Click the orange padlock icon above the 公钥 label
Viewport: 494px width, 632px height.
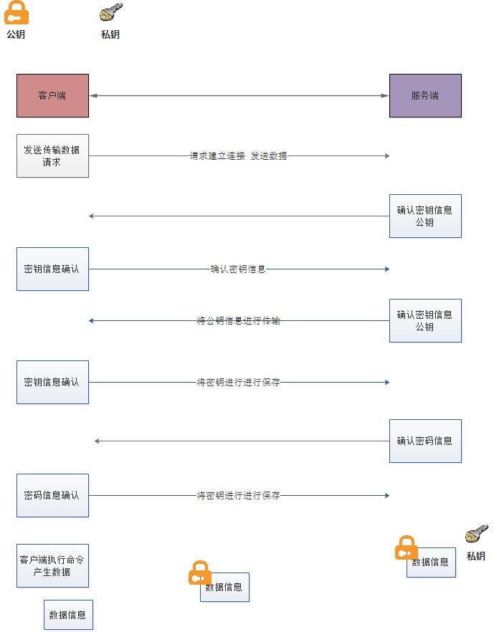(x=16, y=13)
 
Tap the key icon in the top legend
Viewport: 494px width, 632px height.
(x=110, y=13)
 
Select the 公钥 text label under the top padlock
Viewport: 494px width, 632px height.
(x=16, y=34)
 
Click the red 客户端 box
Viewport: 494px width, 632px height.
(x=52, y=95)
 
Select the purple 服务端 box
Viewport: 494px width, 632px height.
(x=425, y=95)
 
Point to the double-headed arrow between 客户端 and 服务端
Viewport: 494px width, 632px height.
(x=239, y=95)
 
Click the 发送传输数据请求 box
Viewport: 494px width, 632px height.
(x=52, y=155)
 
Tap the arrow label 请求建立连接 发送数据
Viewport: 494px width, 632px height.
(x=238, y=155)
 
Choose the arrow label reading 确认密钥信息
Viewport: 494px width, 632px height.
(x=238, y=269)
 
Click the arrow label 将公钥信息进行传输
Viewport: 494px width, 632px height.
(x=238, y=321)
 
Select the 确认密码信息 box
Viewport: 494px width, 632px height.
(x=425, y=441)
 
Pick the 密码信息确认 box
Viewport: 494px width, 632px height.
(x=52, y=495)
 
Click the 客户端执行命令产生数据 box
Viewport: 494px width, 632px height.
(x=52, y=565)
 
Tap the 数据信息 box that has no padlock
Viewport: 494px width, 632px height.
(x=68, y=615)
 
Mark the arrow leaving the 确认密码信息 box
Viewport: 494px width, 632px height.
(x=241, y=441)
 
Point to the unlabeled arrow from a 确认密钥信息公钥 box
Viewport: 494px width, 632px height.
(x=238, y=216)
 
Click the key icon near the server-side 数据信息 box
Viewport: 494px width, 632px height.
(x=476, y=535)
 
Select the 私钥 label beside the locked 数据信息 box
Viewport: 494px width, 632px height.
(x=476, y=556)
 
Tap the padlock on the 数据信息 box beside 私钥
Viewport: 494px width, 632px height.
(x=406, y=548)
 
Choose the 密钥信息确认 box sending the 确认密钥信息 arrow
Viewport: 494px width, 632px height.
(x=52, y=269)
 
